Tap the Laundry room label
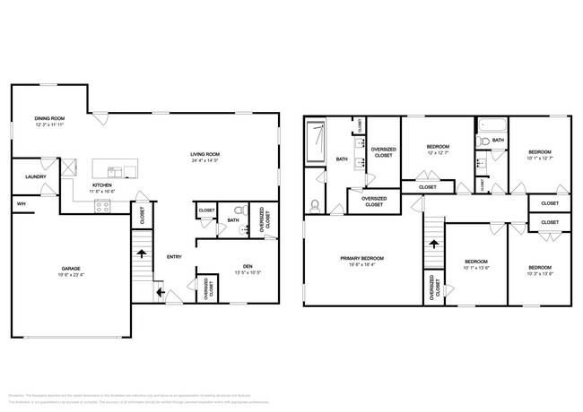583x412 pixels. click(x=34, y=176)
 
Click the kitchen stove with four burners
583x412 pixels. click(x=103, y=205)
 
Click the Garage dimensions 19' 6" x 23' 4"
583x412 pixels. click(x=71, y=275)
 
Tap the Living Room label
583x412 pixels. click(x=204, y=153)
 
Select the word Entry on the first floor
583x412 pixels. click(x=174, y=257)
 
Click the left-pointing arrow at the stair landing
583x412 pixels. click(x=160, y=291)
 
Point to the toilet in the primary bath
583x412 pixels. click(x=315, y=205)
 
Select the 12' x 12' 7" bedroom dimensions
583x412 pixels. click(x=438, y=151)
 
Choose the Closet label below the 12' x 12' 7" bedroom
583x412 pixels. click(x=428, y=187)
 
